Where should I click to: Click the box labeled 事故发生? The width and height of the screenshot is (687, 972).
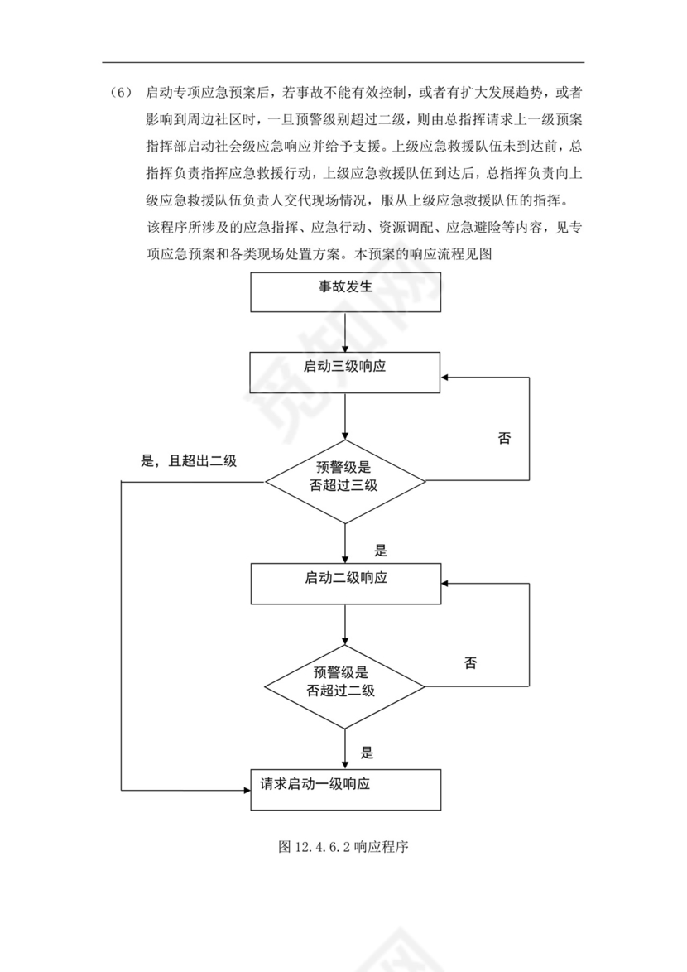click(x=345, y=291)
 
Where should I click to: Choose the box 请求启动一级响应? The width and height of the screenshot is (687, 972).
click(x=345, y=789)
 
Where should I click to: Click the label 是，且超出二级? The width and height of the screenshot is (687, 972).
click(x=189, y=461)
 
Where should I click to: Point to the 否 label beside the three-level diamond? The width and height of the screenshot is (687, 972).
click(x=504, y=438)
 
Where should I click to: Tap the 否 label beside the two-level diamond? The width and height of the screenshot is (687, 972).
click(x=471, y=662)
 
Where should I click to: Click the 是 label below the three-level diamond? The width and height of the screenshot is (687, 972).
click(x=381, y=551)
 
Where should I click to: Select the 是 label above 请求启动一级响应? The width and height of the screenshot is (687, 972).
click(x=368, y=753)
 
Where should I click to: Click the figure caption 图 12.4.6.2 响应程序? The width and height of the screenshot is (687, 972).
click(x=345, y=847)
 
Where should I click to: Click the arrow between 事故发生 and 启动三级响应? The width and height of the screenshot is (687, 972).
click(x=345, y=332)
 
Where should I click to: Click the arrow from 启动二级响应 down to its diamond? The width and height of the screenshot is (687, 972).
click(x=345, y=624)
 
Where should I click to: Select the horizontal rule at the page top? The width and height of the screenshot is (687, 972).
click(x=343, y=62)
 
